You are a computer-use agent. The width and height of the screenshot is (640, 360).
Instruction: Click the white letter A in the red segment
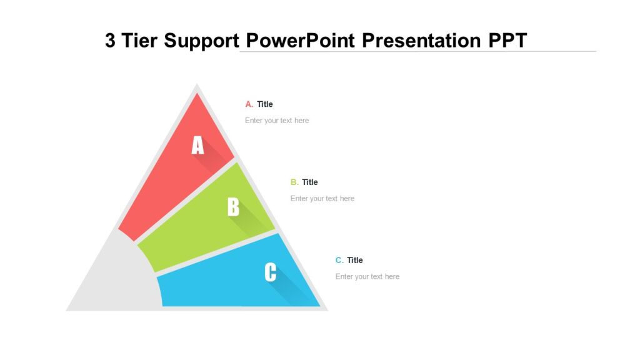197,146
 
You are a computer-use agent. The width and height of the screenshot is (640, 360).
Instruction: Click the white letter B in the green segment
233,207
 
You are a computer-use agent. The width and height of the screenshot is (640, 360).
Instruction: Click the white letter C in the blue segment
271,272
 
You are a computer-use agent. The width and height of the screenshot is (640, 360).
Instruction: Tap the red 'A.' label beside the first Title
249,104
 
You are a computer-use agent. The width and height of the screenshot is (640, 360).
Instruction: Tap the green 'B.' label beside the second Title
294,182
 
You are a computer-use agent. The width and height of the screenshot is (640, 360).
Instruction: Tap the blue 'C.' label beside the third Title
339,261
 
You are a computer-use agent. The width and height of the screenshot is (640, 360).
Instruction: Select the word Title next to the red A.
265,104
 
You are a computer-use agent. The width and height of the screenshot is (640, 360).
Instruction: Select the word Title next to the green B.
310,182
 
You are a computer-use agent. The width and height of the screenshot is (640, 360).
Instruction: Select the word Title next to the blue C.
355,261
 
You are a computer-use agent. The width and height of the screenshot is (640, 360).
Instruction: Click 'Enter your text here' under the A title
277,121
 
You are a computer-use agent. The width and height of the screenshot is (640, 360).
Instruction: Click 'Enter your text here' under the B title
322,199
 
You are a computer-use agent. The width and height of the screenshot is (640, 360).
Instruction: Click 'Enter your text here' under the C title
367,277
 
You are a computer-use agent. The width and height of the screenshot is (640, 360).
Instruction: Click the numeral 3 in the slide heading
111,41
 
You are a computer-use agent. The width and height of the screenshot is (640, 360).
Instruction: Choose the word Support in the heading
202,41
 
